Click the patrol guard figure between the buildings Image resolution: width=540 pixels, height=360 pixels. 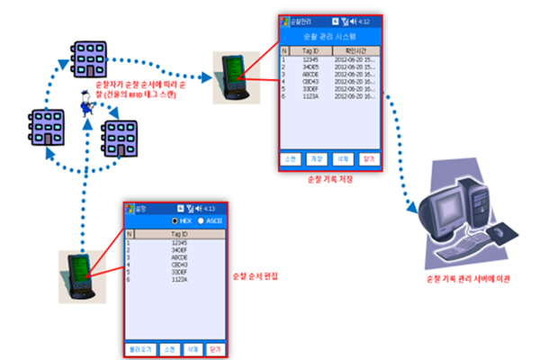point(90,106)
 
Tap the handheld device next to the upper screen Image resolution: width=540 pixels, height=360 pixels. point(231,76)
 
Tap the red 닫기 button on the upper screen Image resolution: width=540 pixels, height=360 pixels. point(366,157)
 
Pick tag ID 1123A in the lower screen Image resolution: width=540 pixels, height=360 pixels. point(179,280)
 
